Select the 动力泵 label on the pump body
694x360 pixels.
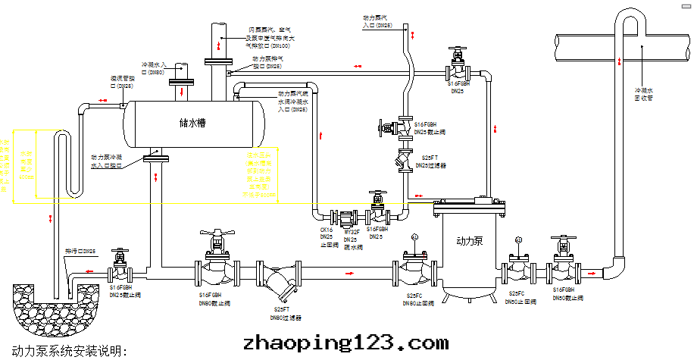pyautogui.click(x=470, y=241)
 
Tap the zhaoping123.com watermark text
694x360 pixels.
pyautogui.click(x=345, y=343)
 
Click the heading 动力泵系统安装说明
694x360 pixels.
pyautogui.click(x=66, y=351)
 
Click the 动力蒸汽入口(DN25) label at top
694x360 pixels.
pyautogui.click(x=378, y=21)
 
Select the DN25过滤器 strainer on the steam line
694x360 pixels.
pyautogui.click(x=402, y=161)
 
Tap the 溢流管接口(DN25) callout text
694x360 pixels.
pyautogui.click(x=123, y=82)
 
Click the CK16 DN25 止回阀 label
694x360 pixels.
pyautogui.click(x=327, y=237)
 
